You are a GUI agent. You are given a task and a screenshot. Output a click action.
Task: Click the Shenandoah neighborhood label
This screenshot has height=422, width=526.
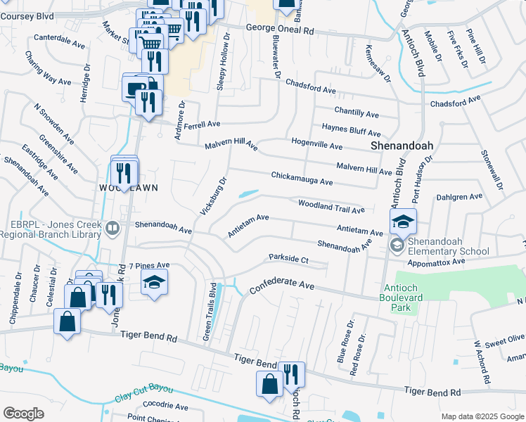401,146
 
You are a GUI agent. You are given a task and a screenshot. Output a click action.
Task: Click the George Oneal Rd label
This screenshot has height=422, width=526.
279,30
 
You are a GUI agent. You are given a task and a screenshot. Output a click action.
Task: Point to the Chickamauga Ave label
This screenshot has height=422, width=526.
302,178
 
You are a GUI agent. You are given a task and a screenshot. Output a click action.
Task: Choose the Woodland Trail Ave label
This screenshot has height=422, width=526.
331,206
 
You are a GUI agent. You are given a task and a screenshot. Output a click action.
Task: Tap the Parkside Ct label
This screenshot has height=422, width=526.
289,259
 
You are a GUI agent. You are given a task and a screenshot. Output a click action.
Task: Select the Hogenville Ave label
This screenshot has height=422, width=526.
316,144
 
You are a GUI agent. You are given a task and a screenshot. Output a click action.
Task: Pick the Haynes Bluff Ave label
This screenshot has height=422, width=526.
351,129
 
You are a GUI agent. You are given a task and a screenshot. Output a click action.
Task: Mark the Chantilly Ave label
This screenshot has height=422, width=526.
357,113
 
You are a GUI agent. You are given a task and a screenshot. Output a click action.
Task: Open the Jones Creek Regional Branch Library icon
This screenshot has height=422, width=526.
111,228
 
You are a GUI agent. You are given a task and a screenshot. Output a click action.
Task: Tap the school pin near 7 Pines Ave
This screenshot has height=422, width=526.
154,283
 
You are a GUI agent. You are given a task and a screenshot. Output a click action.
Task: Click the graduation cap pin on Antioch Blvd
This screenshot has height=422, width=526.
403,222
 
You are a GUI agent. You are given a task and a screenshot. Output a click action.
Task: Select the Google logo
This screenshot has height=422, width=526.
23,413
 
